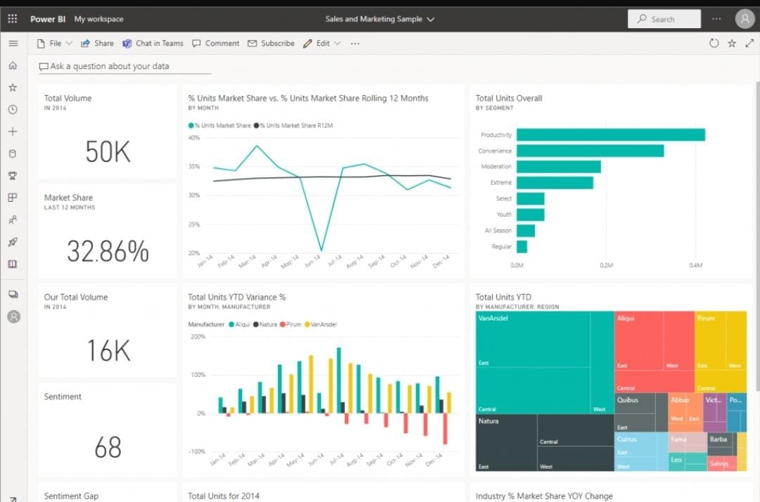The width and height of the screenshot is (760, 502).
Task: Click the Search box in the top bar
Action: (664, 20)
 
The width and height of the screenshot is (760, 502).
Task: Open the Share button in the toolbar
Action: (97, 44)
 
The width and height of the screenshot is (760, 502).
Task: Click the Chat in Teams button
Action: (153, 44)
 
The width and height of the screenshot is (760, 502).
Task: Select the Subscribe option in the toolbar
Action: (271, 44)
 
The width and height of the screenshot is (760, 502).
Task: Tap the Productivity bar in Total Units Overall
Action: (610, 135)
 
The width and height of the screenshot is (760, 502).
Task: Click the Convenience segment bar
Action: (590, 151)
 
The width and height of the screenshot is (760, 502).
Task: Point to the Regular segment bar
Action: (521, 247)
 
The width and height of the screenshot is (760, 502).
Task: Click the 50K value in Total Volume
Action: (108, 152)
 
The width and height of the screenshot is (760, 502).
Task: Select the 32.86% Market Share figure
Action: (108, 251)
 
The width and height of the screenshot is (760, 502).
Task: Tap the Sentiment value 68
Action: (108, 448)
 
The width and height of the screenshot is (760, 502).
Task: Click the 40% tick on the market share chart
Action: (194, 138)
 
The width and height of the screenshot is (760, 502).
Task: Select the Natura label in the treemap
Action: (488, 421)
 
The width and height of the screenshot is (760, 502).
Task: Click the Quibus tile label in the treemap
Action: (628, 400)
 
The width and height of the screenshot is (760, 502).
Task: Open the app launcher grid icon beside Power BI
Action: (13, 19)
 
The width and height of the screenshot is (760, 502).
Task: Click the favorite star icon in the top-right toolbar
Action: (732, 44)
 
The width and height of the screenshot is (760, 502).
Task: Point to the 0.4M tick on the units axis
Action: (695, 266)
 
